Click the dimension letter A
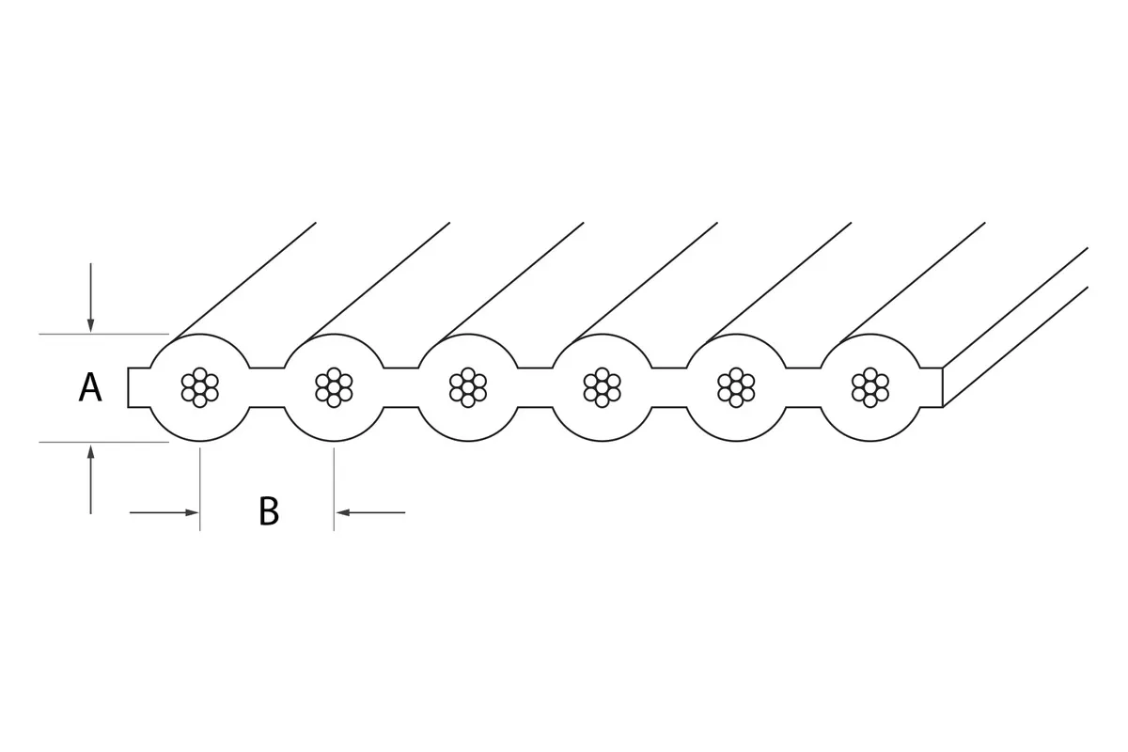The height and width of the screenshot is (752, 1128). click(x=90, y=387)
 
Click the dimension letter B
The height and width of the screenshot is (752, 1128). click(x=269, y=511)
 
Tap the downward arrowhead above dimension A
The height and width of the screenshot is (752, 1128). click(x=90, y=325)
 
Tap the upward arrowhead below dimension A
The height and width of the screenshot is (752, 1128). click(x=90, y=451)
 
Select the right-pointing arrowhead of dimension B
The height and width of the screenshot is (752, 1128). click(x=192, y=512)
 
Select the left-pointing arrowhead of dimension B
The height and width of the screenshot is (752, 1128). click(x=343, y=512)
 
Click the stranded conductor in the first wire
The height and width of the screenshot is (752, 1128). click(x=200, y=387)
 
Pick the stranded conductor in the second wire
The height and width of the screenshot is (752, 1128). click(x=334, y=387)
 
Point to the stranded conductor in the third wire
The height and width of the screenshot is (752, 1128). click(x=468, y=387)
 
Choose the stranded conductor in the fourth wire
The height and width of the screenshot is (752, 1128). click(x=603, y=387)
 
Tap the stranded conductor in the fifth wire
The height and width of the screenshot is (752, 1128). click(x=736, y=387)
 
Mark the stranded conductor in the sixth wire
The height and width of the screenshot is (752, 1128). click(x=870, y=387)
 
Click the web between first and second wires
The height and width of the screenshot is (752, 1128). click(x=267, y=387)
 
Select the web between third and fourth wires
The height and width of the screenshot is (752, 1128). click(x=535, y=387)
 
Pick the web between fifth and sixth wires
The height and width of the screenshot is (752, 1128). click(x=803, y=387)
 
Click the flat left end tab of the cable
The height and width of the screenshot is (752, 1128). click(x=139, y=387)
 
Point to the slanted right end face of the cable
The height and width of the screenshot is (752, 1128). click(x=1015, y=327)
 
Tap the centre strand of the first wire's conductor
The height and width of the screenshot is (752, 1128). click(x=200, y=387)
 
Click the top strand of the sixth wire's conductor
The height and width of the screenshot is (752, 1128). click(x=870, y=374)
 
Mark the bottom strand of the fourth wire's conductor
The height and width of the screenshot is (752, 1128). click(x=603, y=401)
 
